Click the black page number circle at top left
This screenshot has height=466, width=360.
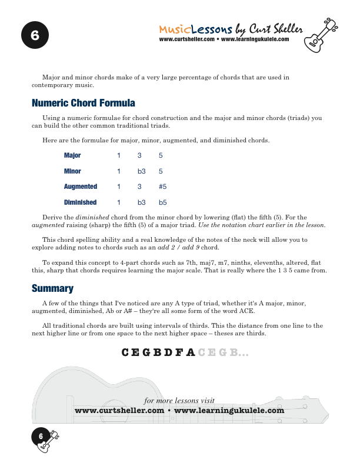35,36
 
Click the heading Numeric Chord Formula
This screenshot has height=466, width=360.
83,104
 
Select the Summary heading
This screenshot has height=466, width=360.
52,288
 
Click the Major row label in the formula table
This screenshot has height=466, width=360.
72,156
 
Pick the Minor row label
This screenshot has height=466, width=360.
72,171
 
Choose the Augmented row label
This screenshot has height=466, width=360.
80,187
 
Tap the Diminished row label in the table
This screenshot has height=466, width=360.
80,202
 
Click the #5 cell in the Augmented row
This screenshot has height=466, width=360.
163,187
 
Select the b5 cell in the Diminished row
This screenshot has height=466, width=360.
163,202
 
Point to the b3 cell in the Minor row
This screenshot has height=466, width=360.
142,171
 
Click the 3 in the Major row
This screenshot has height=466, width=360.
139,156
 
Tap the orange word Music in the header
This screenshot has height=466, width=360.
174,29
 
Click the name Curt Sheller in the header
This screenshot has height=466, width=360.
277,29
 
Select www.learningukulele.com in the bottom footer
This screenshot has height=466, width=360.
229,410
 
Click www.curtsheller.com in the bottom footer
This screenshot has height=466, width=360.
119,410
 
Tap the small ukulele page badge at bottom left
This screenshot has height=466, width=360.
45,441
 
